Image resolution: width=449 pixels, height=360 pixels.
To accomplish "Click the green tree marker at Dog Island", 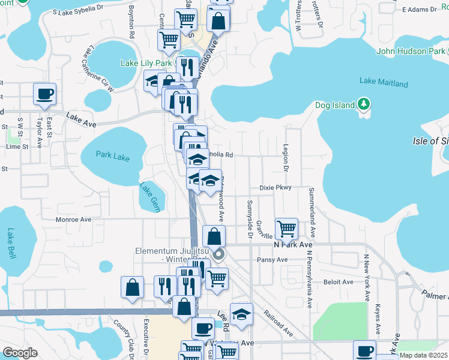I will [x=363, y=105].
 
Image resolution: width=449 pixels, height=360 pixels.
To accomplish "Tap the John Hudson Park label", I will [x=411, y=51].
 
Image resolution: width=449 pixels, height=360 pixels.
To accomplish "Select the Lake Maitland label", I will [x=384, y=83].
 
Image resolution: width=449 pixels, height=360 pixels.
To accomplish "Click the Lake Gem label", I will [x=148, y=193].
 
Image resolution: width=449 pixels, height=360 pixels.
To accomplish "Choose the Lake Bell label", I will [x=11, y=242].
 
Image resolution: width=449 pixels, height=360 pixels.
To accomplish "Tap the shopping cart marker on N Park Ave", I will [x=287, y=229].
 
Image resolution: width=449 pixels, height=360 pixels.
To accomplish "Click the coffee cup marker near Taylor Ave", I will [x=45, y=94].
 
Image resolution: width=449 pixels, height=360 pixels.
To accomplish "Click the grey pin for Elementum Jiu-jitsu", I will [x=218, y=254].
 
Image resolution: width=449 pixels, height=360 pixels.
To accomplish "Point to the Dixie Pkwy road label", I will [x=275, y=188].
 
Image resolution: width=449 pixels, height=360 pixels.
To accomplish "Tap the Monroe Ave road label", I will [x=73, y=220].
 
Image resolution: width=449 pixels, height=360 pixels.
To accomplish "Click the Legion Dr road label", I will [x=286, y=157].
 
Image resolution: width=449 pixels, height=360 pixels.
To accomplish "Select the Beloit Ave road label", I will [x=339, y=281].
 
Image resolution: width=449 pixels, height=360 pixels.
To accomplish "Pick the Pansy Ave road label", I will [x=273, y=260].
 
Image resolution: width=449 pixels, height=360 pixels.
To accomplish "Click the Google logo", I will [x=20, y=353].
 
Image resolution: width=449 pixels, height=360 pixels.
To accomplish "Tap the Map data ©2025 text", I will [x=423, y=355].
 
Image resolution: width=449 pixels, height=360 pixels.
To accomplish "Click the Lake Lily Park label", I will [x=146, y=63].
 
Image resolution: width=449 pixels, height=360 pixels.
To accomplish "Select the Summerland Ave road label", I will [x=312, y=211].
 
